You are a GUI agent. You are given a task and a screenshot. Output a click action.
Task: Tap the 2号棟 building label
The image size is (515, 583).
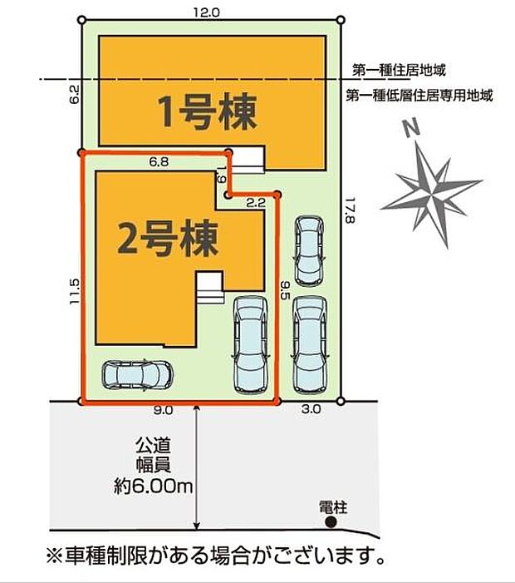pyautogui.click(x=168, y=239)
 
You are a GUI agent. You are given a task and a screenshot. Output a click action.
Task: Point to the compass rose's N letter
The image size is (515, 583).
pyautogui.click(x=409, y=130)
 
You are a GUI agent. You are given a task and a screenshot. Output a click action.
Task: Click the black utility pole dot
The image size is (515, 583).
pyautogui.click(x=331, y=521)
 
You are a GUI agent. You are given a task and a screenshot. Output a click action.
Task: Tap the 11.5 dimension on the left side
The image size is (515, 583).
pyautogui.click(x=74, y=292)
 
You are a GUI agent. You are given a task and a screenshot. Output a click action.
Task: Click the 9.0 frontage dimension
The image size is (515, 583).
pyautogui.click(x=164, y=410)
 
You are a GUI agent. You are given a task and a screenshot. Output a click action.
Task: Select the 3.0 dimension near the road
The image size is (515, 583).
pyautogui.click(x=311, y=410)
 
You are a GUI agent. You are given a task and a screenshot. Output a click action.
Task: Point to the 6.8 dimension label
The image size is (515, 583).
pyautogui.click(x=159, y=163)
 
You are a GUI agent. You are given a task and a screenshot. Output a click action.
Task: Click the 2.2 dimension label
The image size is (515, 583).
pyautogui.click(x=254, y=202)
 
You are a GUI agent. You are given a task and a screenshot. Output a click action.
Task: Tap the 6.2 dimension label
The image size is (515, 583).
pyautogui.click(x=74, y=93)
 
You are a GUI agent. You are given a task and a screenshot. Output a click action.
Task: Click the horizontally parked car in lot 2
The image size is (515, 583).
pyautogui.click(x=137, y=376)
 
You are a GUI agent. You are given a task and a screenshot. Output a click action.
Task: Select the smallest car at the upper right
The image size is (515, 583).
pyautogui.click(x=309, y=249)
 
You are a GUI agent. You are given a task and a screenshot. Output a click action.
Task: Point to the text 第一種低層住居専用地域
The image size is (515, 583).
pyautogui.click(x=419, y=95)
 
